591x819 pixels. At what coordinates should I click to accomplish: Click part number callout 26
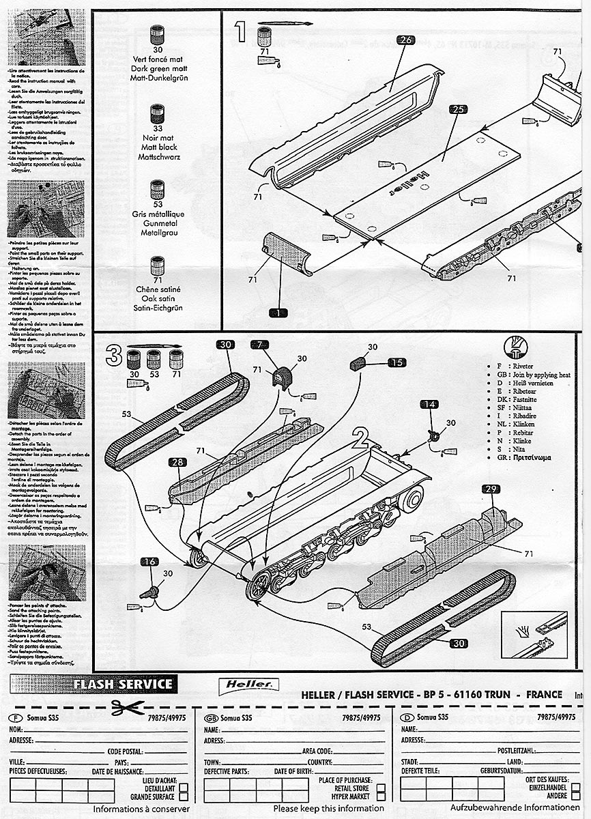tap(405, 40)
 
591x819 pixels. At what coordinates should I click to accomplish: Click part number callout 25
tap(458, 110)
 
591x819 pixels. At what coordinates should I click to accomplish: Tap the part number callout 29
tap(491, 489)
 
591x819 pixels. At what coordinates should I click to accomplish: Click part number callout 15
tap(397, 363)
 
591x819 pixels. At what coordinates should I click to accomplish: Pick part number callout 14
tap(429, 405)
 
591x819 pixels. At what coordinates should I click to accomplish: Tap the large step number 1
tap(240, 30)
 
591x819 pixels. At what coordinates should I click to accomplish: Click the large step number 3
tap(114, 354)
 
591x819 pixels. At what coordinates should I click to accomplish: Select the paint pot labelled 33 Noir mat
tap(158, 113)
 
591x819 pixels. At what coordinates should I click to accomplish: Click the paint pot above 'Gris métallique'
tap(158, 189)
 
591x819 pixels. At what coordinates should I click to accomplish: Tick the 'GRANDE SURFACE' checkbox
tap(184, 796)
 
